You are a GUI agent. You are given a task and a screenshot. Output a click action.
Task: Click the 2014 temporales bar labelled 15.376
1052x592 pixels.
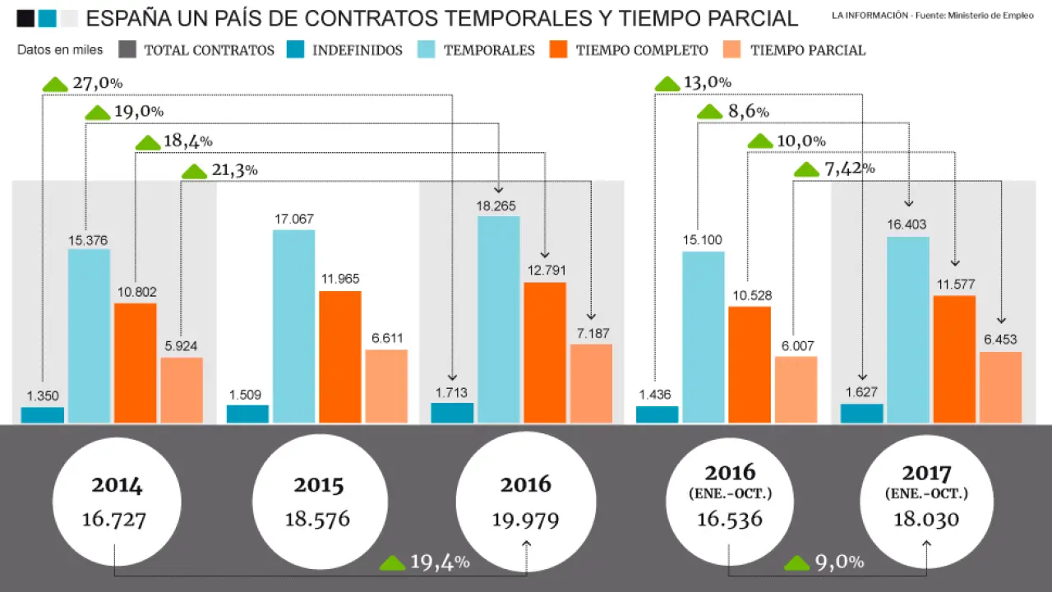(89, 335)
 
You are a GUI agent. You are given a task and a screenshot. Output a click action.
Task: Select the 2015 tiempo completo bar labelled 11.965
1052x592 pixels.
(340, 357)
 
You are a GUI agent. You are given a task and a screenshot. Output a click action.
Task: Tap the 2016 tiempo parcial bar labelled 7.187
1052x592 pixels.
(591, 383)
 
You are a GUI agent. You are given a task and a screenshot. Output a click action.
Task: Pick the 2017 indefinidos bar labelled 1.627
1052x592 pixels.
(862, 413)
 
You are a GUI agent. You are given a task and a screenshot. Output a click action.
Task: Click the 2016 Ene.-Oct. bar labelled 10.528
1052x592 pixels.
(750, 364)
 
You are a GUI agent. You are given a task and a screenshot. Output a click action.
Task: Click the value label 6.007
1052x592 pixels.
(796, 346)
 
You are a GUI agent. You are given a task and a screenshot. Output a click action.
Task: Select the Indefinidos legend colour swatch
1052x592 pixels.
(296, 50)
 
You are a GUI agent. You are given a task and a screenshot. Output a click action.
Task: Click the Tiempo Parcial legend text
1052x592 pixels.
(808, 50)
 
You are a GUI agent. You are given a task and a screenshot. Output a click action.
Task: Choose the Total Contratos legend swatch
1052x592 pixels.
(127, 50)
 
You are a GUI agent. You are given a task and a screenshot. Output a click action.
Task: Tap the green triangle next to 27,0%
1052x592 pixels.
(55, 84)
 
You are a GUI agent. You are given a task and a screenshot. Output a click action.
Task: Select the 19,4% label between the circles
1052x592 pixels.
(440, 562)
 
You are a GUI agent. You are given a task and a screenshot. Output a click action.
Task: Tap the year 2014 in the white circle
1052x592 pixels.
(117, 485)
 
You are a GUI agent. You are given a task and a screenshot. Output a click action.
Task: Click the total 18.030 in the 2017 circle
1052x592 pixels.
(926, 520)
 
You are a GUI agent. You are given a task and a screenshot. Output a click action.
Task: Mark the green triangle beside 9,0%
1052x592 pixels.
(798, 563)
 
